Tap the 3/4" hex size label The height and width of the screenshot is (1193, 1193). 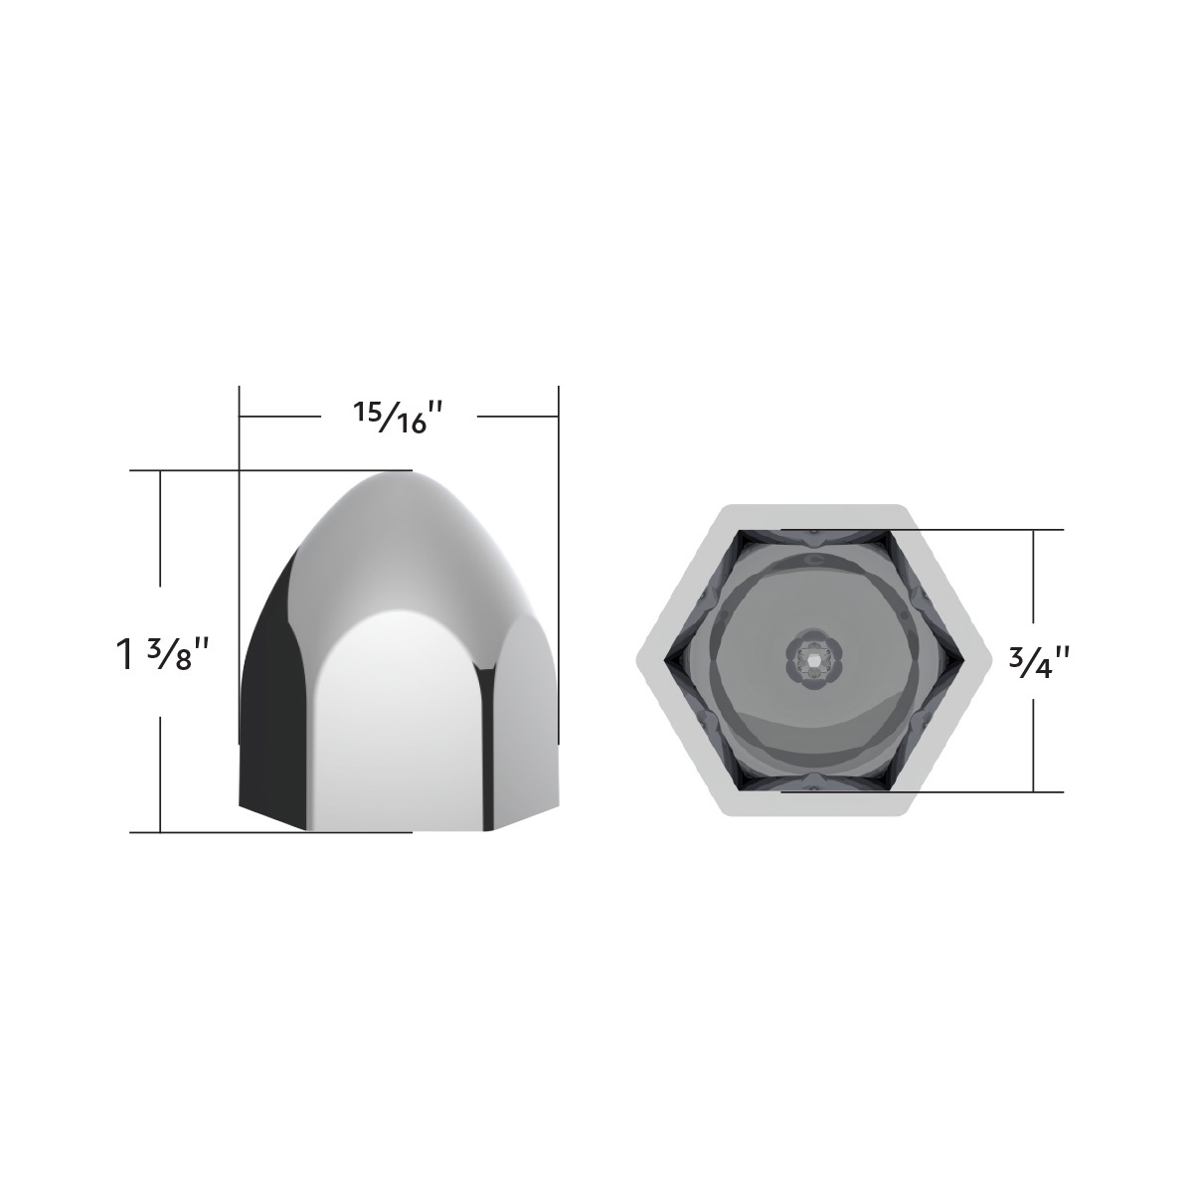(1034, 660)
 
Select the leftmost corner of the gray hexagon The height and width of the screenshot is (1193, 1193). (639, 660)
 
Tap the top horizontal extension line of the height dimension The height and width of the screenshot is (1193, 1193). (199, 470)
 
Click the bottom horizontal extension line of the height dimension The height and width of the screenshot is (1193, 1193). (199, 832)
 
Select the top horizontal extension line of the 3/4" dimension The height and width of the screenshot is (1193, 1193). (994, 530)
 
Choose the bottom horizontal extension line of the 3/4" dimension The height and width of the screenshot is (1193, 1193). (994, 791)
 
